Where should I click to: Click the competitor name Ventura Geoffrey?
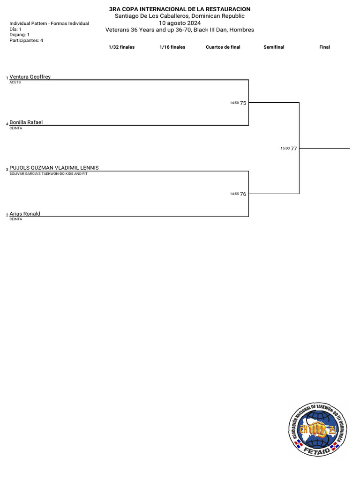30,77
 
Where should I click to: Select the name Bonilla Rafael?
26,122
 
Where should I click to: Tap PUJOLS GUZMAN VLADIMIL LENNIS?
54,168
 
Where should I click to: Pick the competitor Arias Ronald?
25,214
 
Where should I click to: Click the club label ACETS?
15,82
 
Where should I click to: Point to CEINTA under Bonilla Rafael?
16,128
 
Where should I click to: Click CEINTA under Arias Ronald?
16,219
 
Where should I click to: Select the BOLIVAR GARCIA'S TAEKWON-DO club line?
48,173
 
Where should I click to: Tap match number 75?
243,103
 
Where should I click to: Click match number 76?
243,194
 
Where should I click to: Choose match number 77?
294,149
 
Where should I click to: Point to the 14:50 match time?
234,103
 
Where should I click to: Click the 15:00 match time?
285,148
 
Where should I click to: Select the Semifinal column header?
274,47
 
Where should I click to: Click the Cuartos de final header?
223,47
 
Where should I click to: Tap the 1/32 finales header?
121,47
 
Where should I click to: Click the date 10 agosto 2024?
180,23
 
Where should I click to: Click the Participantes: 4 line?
26,41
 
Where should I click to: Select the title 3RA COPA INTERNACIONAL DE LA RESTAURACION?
180,9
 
